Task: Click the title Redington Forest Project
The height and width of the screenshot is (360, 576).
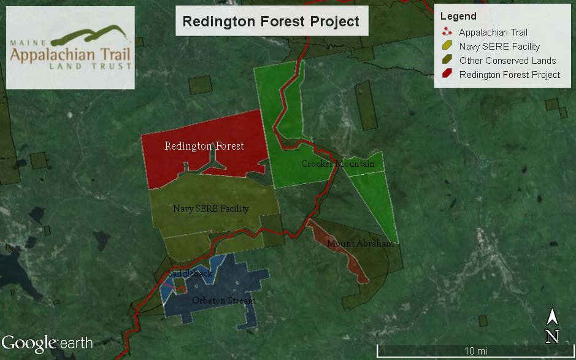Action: pyautogui.click(x=271, y=21)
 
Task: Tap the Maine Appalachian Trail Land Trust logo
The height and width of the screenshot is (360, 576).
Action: pyautogui.click(x=71, y=48)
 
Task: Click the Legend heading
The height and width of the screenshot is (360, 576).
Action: pyautogui.click(x=458, y=17)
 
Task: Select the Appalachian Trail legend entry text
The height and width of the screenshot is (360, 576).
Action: pyautogui.click(x=493, y=33)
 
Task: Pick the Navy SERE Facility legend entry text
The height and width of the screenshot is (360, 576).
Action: pyautogui.click(x=499, y=47)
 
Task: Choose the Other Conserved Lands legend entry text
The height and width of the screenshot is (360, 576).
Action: pyautogui.click(x=507, y=61)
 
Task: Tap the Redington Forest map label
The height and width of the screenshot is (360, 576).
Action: pyautogui.click(x=204, y=146)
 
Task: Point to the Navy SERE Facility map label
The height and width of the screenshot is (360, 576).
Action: pyautogui.click(x=210, y=209)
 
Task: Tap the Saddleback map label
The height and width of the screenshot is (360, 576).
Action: pyautogui.click(x=190, y=273)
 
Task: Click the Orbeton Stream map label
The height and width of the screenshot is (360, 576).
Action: pyautogui.click(x=223, y=301)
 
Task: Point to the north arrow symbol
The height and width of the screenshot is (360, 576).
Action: pyautogui.click(x=552, y=325)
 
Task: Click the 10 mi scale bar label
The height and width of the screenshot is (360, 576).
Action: pyautogui.click(x=475, y=351)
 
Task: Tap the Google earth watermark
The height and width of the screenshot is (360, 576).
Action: pyautogui.click(x=47, y=342)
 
